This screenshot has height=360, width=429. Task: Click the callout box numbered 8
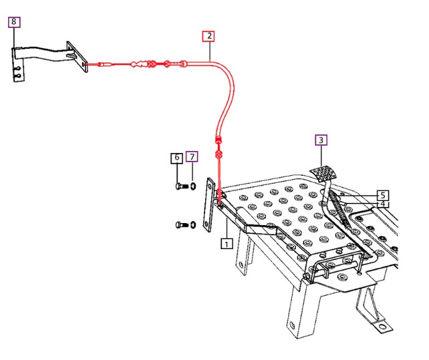[14, 22]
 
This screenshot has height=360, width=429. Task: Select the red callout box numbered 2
[208, 36]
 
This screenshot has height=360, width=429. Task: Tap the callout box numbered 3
[321, 140]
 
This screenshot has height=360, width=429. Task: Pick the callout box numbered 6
[176, 158]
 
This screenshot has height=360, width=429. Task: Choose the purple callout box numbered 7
[192, 157]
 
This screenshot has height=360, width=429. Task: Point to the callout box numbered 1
[227, 244]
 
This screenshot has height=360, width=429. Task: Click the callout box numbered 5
[383, 195]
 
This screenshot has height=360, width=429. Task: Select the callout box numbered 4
[383, 204]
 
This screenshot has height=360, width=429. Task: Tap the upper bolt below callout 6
[182, 186]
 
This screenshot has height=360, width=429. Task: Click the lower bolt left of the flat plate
[182, 225]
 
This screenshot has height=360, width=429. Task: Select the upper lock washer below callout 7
[193, 186]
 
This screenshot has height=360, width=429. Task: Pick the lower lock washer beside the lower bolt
[193, 225]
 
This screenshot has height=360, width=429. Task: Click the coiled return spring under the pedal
[339, 210]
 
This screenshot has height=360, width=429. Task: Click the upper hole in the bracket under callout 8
[18, 68]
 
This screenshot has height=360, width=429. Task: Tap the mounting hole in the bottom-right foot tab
[382, 327]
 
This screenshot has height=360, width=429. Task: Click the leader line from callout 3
[321, 156]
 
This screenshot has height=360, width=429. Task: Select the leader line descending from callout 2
[210, 51]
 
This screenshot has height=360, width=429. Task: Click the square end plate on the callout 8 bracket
[77, 57]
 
